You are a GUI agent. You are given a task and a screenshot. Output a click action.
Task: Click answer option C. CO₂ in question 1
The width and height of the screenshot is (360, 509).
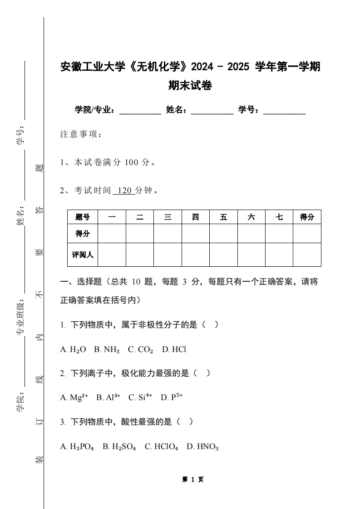(x=140, y=349)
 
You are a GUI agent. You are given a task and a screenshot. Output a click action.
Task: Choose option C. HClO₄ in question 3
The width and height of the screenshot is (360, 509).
(x=162, y=446)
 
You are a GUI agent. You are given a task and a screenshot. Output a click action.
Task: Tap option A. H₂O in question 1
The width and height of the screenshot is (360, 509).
(x=73, y=349)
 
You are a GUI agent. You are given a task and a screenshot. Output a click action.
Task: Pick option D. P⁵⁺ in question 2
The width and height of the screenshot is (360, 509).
(x=172, y=397)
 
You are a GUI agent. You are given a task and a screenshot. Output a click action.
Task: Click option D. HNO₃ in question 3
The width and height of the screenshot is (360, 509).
(x=202, y=446)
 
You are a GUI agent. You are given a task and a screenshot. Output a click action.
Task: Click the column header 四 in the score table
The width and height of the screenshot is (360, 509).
(x=195, y=217)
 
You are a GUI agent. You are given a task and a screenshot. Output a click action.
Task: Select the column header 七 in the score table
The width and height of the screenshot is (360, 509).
(x=279, y=217)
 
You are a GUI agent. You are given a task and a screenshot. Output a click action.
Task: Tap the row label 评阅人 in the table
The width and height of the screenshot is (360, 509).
(x=83, y=254)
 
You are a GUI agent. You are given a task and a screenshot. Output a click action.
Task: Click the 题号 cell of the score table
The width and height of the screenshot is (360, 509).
(x=83, y=217)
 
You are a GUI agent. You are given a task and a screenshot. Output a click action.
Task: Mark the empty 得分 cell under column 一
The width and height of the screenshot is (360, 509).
(x=112, y=234)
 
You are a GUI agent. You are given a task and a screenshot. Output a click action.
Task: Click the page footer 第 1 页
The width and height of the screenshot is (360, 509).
(x=192, y=479)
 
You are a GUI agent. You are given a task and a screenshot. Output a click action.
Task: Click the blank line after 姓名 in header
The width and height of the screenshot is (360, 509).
(x=212, y=110)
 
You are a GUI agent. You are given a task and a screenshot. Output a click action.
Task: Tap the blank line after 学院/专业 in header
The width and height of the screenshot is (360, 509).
(x=140, y=110)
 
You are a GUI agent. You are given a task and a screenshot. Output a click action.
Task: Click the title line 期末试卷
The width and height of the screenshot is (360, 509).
(x=190, y=85)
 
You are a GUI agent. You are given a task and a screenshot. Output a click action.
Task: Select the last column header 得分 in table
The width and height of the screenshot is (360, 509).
(x=307, y=217)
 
